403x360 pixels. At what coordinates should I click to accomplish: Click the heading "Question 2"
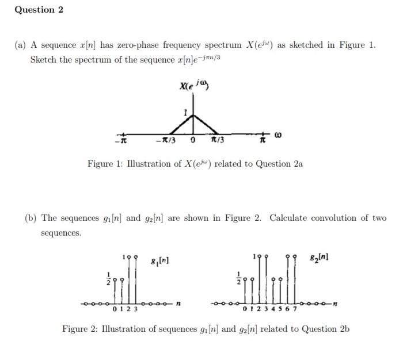click(x=39, y=10)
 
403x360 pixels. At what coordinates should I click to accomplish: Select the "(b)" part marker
click(x=32, y=219)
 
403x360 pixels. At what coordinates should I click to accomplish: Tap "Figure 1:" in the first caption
click(x=104, y=164)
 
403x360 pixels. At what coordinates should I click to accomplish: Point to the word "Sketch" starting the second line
click(x=44, y=60)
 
